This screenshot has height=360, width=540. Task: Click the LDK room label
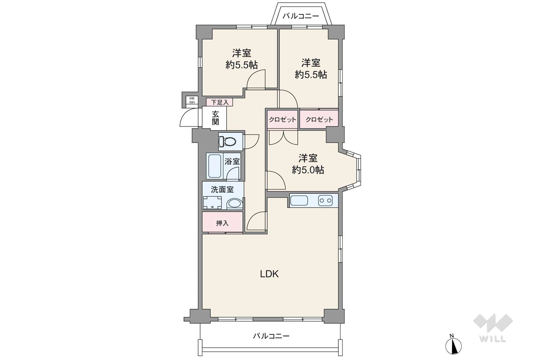point(269,274)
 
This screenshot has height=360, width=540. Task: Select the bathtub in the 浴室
point(214,166)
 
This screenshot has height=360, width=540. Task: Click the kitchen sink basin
point(299,201)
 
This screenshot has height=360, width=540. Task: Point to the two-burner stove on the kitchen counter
point(325,201)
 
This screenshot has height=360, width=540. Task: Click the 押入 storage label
point(222,223)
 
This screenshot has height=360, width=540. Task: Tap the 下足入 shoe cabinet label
point(220,102)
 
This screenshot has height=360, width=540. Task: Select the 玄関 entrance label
point(215,118)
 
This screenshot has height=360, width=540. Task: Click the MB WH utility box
point(192,100)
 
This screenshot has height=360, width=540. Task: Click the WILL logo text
point(493,339)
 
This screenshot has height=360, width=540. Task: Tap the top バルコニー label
point(300,16)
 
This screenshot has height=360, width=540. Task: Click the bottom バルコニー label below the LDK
point(271,336)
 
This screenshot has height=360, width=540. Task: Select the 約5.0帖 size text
point(308,170)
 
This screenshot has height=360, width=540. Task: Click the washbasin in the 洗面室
point(235,204)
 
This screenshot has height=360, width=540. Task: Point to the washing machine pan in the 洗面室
point(212,203)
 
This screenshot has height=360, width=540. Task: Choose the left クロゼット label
point(282,119)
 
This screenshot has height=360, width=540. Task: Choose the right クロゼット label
point(319,119)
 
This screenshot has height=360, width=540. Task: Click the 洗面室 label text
point(222,190)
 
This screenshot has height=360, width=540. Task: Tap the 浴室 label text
point(232,161)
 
